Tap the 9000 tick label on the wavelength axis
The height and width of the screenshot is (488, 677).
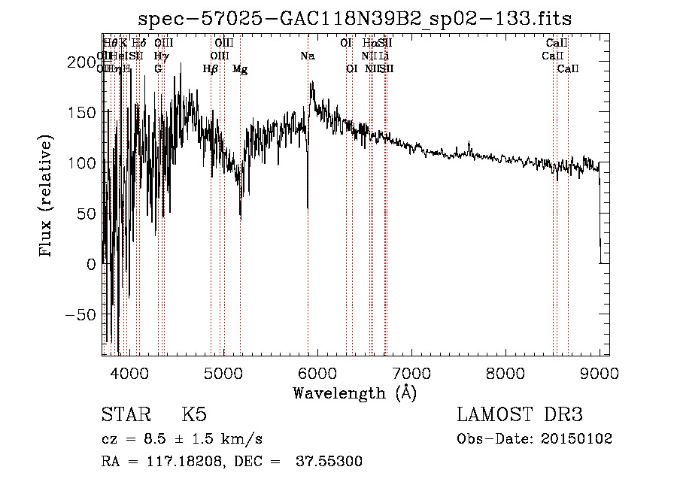(599, 372)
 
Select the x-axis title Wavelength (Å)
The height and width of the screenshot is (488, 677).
(355, 393)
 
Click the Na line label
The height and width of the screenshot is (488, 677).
(308, 56)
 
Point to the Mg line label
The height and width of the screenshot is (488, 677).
(240, 69)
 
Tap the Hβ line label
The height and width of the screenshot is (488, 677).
(211, 69)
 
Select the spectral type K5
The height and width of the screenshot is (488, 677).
(194, 415)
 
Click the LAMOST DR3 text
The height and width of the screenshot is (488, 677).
(520, 415)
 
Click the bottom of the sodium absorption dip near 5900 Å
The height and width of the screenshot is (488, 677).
(308, 208)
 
